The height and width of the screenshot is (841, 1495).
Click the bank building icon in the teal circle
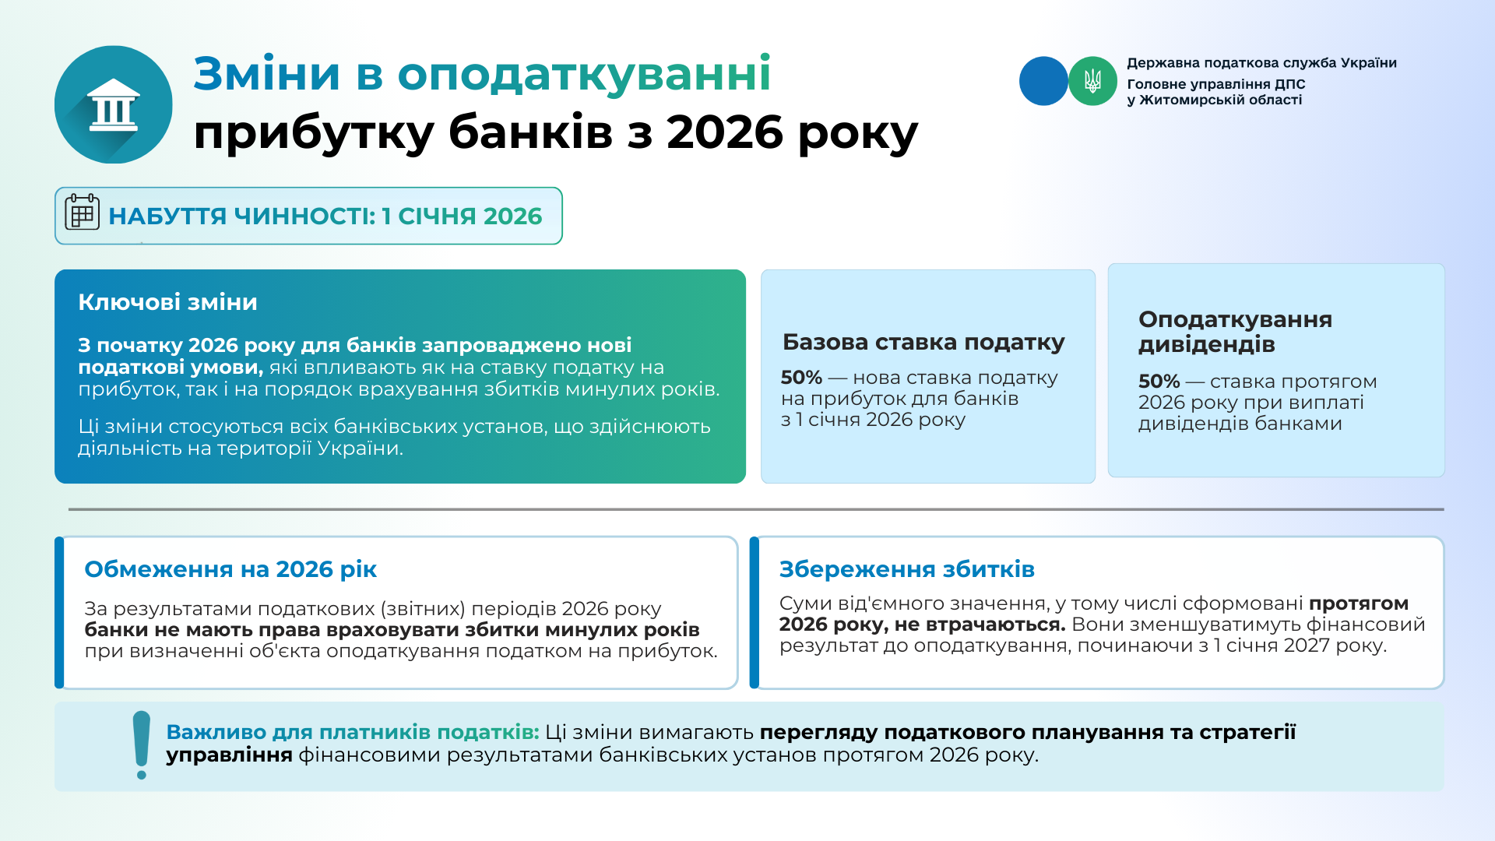pos(114,104)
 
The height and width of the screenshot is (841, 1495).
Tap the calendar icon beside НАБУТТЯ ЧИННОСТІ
pos(82,212)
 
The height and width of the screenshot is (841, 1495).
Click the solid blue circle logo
pos(1043,81)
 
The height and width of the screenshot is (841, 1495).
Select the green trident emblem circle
pos(1092,81)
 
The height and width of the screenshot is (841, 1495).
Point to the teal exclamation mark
pos(141,744)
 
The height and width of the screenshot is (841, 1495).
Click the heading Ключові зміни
pos(167,302)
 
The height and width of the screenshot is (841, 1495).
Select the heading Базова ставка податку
pos(923,342)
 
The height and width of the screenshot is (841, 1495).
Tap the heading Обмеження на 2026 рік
pos(230,569)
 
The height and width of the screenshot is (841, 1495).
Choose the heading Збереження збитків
pos(907,569)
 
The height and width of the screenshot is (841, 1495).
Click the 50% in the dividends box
pos(1159,382)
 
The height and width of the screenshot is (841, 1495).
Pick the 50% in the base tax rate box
pos(801,378)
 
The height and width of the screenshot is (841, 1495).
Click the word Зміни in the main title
pos(267,74)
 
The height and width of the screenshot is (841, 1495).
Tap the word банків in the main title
pos(530,132)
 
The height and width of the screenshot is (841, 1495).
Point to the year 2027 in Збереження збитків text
pos(1307,646)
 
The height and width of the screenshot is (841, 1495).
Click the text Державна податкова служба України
pos(1261,63)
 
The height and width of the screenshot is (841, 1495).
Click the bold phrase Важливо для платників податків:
pos(353,732)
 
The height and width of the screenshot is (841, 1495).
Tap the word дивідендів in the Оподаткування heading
pos(1207,344)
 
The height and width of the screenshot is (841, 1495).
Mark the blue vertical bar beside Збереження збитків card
pos(754,613)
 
